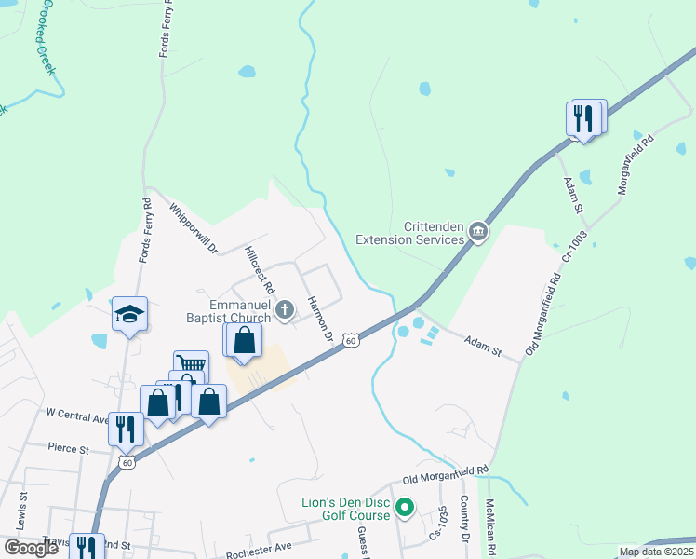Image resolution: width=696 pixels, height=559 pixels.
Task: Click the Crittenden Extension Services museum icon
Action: click(478, 232)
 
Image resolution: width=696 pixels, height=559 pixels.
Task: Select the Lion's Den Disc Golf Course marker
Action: click(404, 509)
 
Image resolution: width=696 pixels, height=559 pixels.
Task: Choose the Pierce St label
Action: click(70, 448)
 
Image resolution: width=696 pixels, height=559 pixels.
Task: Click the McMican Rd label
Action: click(489, 529)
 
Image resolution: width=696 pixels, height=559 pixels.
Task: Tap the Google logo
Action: click(31, 548)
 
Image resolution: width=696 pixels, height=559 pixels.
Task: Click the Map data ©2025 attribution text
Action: click(655, 552)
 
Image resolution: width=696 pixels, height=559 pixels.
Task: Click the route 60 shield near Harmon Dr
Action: click(350, 341)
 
